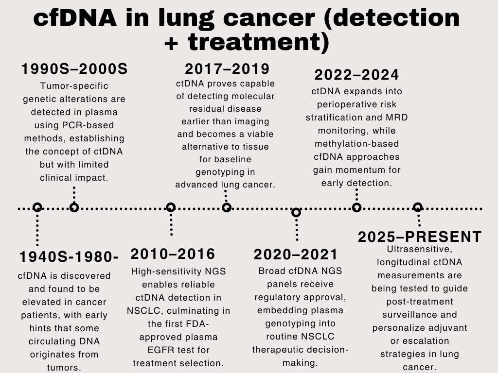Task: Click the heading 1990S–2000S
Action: click(x=74, y=69)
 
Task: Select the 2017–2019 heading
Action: click(x=227, y=69)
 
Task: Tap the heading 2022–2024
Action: click(x=356, y=75)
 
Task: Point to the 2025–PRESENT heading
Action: click(x=420, y=237)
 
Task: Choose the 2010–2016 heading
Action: click(x=173, y=254)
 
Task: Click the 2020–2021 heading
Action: click(x=296, y=254)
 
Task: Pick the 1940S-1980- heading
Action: click(x=69, y=257)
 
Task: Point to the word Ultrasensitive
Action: click(x=420, y=249)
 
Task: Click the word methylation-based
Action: click(x=356, y=144)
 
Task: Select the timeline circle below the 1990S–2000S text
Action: click(x=74, y=208)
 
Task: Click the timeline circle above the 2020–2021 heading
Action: click(x=296, y=213)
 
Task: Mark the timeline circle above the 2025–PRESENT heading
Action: click(x=418, y=207)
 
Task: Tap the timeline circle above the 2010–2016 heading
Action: click(x=171, y=208)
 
